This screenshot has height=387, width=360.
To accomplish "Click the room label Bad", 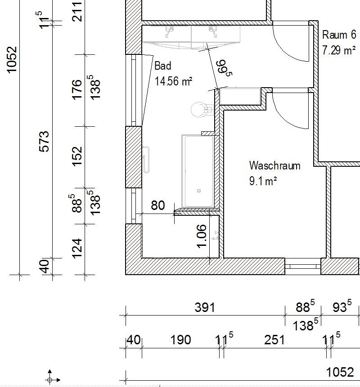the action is (x=163, y=66).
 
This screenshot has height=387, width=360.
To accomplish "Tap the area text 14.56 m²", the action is (x=173, y=81).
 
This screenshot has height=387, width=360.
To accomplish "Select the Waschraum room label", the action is (x=275, y=165).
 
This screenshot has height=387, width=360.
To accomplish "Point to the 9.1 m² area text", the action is (x=263, y=181).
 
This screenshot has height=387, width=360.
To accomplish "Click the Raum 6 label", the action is (x=339, y=35).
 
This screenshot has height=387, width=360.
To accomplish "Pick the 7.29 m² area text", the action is (x=339, y=50).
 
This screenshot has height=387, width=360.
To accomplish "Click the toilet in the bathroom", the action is (x=202, y=109).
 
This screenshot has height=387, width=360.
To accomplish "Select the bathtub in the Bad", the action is (x=198, y=171).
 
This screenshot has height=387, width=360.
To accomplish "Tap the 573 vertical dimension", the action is (x=45, y=142).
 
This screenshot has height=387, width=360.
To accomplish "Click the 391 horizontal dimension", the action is (x=205, y=307).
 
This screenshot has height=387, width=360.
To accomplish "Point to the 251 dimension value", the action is (x=274, y=340).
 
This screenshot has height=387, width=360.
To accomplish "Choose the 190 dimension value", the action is (x=180, y=340).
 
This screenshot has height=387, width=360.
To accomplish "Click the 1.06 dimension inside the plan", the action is (x=201, y=236).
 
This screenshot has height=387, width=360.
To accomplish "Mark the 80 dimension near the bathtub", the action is (x=157, y=205).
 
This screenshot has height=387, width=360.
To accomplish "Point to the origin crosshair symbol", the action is (x=49, y=380).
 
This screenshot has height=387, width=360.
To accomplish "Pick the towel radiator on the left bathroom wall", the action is (x=146, y=160).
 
